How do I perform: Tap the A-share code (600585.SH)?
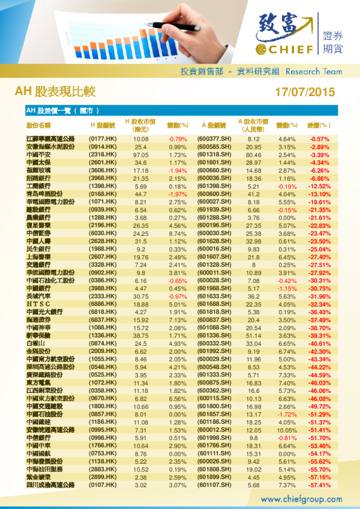(x=215, y=147)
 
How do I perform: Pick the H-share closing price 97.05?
(x=141, y=155)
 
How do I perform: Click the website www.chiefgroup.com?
(x=301, y=499)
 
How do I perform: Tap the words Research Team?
(x=313, y=71)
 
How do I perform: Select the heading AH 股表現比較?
(x=55, y=92)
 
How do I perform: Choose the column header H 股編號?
(x=103, y=125)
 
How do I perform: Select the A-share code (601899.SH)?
(x=215, y=477)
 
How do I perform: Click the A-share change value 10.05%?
(x=286, y=430)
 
